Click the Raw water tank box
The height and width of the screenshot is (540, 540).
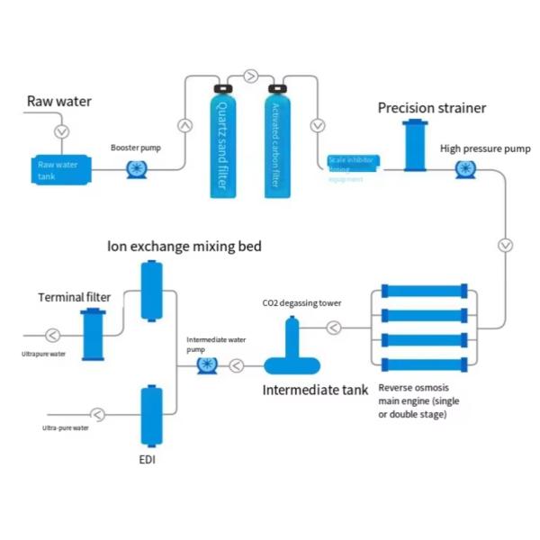pos(57,168)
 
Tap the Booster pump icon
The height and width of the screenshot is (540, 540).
pos(136,168)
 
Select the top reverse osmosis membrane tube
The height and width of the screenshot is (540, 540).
pos(423,292)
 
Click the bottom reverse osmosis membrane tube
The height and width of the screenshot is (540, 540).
pos(423,364)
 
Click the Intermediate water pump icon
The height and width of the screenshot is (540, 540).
pos(206,364)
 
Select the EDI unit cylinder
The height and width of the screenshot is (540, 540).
pos(150,418)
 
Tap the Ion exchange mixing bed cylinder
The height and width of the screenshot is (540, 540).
pos(150,291)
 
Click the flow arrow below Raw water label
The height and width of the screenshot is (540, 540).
pos(61,131)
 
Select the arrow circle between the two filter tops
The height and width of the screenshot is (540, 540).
pos(250,76)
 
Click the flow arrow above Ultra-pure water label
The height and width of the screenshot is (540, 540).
pos(96,414)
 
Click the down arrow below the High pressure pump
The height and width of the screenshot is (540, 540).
pos(506,245)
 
